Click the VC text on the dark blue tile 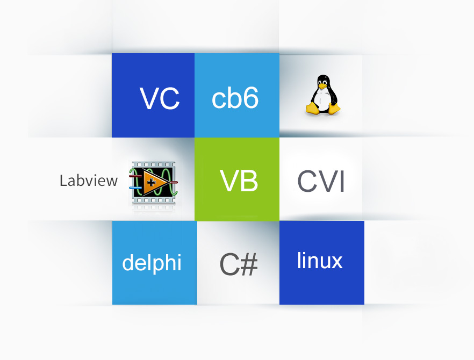pos(160,98)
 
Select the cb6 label pos(235,98)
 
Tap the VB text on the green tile pos(239,181)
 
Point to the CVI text pos(321,182)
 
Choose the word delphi pos(152,263)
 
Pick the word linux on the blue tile pos(320,261)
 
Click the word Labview pos(88,181)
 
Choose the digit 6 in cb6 pos(250,98)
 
